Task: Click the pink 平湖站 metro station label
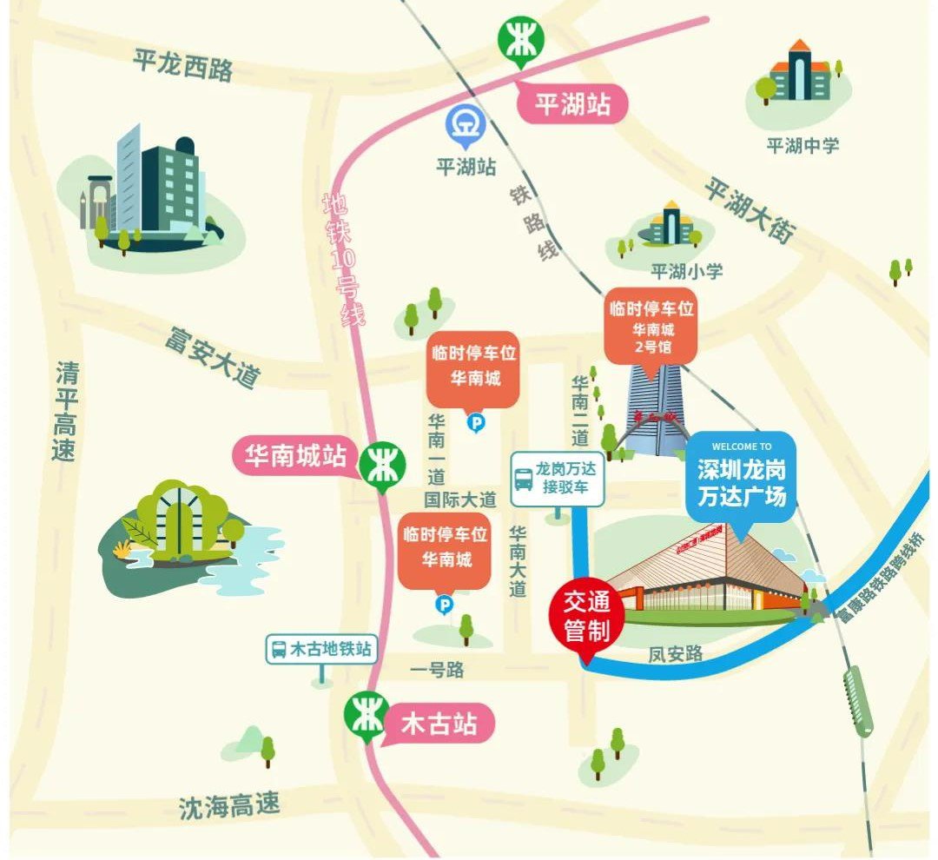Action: [572, 105]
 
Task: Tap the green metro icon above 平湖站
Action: [521, 41]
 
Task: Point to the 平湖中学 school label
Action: [803, 145]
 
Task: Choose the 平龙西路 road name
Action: [183, 64]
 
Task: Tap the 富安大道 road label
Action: [213, 357]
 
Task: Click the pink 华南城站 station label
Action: [294, 456]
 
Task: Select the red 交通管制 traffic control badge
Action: [587, 617]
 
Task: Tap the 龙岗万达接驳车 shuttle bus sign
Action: [558, 479]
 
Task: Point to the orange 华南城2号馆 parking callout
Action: [651, 328]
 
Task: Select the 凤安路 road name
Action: [675, 653]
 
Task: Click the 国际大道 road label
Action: [459, 499]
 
